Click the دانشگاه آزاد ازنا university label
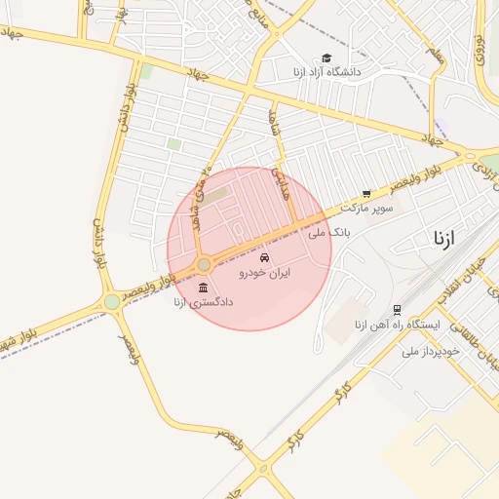[326, 72]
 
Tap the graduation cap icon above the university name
[326, 58]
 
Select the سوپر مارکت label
[373, 208]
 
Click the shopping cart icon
[366, 194]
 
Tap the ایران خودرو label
[266, 275]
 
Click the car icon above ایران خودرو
[265, 257]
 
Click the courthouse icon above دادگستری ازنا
[202, 288]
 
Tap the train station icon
[398, 308]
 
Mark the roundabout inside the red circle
[204, 265]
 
